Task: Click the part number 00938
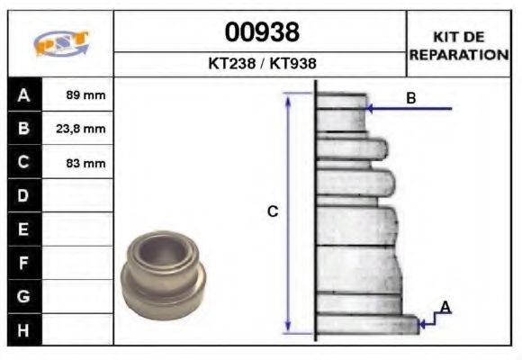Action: [x=261, y=32]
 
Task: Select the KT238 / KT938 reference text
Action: [x=261, y=65]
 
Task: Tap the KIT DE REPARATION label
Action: [x=459, y=45]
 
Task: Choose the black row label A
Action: [x=23, y=95]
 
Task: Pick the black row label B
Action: [x=23, y=129]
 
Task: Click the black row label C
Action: [x=23, y=163]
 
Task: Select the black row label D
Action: [x=23, y=196]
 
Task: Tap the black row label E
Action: [x=23, y=229]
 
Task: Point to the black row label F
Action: [x=23, y=263]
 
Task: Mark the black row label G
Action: [x=23, y=296]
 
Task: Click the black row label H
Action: [x=23, y=329]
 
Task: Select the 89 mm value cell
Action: [x=85, y=95]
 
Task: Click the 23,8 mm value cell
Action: [x=85, y=129]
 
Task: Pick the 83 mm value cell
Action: [x=85, y=163]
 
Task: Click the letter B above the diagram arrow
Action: [x=411, y=97]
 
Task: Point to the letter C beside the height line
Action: [x=273, y=211]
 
